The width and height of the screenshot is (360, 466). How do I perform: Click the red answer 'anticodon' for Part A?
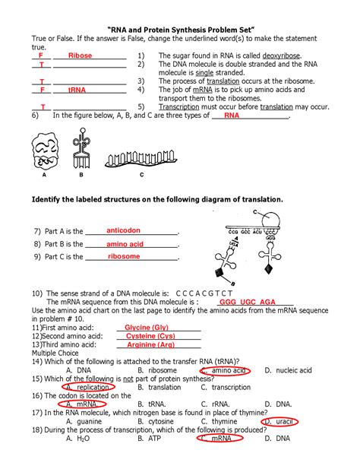point(122,230)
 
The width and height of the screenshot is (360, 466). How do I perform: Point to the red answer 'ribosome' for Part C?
point(125,257)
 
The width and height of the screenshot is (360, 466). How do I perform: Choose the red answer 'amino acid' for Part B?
point(125,244)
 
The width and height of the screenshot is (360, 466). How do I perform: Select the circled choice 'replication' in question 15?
point(84,387)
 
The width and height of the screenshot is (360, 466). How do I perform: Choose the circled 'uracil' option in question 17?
point(279,421)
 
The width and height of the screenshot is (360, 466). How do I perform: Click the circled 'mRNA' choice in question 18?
point(219,438)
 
